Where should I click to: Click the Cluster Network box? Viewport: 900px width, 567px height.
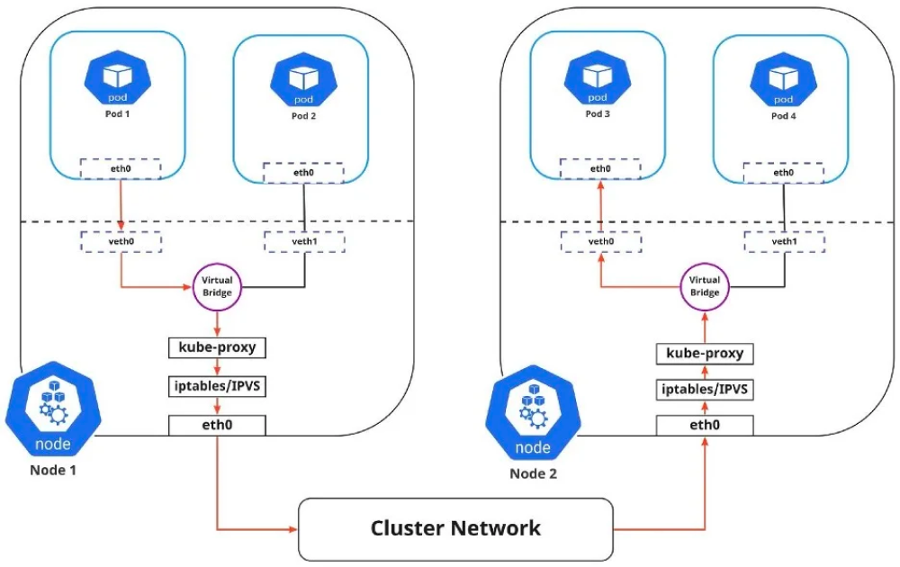pos(455,527)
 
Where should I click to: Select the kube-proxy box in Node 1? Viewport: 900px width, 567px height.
pos(217,346)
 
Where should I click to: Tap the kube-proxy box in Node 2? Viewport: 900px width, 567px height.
pos(705,353)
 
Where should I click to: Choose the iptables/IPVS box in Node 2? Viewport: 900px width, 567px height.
pos(705,391)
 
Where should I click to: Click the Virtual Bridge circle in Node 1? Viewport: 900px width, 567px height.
pos(217,286)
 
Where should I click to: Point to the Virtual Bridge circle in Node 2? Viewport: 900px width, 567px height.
pos(705,286)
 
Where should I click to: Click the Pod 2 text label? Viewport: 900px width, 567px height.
pos(304,116)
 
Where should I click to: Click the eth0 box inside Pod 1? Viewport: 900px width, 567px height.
pos(120,168)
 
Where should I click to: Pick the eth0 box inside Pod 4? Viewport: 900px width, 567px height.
pos(784,172)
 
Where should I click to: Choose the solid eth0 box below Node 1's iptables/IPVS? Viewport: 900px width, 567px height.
pos(217,424)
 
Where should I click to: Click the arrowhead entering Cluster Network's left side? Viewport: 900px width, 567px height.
pos(293,528)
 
